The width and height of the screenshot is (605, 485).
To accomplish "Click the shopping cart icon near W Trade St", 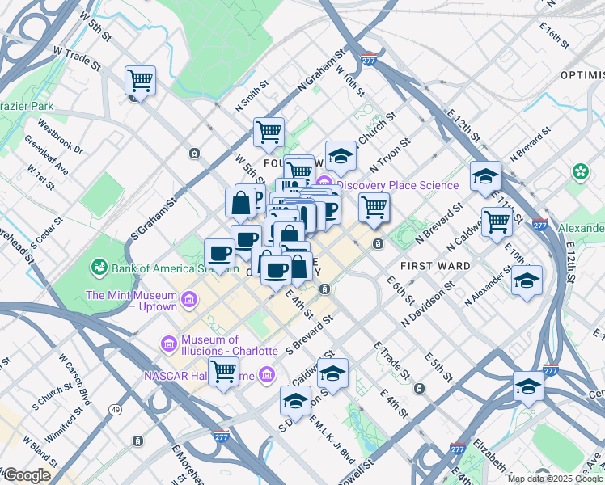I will coord(140,81).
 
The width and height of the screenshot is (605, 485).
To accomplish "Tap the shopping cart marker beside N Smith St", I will coord(269,132).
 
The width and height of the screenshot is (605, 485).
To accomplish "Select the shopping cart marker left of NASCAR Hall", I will coord(223,373).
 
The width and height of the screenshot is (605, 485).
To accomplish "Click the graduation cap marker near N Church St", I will coord(341,156).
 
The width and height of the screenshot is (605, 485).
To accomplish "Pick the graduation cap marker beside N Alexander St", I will coord(527,280).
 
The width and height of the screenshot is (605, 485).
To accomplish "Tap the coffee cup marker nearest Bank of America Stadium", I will coord(219,253).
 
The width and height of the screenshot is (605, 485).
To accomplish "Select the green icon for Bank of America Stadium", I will coord(99,266).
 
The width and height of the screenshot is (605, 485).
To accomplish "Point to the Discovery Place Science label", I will coord(397,185).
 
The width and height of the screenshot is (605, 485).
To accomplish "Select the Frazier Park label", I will coord(26,106).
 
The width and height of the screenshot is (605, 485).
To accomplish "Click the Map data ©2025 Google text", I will coord(554,479).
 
